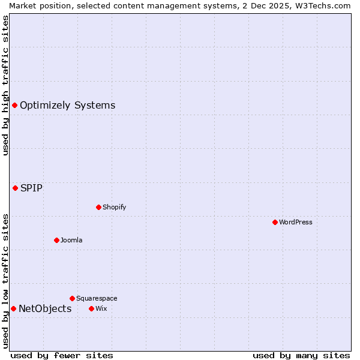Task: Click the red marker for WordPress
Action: pyautogui.click(x=275, y=222)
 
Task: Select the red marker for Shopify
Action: pyautogui.click(x=98, y=207)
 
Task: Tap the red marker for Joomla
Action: pyautogui.click(x=56, y=240)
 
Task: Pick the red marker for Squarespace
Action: pyautogui.click(x=72, y=298)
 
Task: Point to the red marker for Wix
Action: pyautogui.click(x=91, y=308)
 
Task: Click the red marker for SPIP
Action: pyautogui.click(x=15, y=188)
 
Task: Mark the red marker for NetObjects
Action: pyautogui.click(x=13, y=308)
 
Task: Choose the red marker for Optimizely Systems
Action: pyautogui.click(x=14, y=105)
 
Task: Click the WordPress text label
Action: pyautogui.click(x=296, y=222)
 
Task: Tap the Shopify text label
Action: pyautogui.click(x=114, y=207)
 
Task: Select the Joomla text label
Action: pyautogui.click(x=71, y=240)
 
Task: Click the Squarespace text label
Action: pyautogui.click(x=97, y=298)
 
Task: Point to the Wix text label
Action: pyautogui.click(x=101, y=308)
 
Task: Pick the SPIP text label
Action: pyautogui.click(x=31, y=188)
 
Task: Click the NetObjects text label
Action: pyautogui.click(x=45, y=308)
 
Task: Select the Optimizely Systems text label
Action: pyautogui.click(x=67, y=105)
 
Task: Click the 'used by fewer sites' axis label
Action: pyautogui.click(x=62, y=355)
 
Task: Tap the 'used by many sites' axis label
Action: pyautogui.click(x=301, y=355)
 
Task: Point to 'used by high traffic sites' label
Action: pyautogui.click(x=5, y=85)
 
